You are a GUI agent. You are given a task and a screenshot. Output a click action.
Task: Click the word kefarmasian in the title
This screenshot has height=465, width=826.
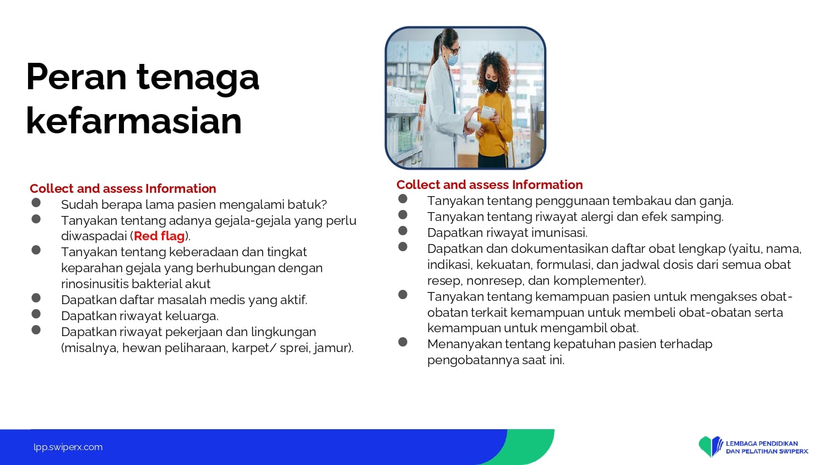[134, 121]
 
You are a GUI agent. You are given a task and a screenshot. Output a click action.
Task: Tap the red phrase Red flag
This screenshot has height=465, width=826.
[159, 236]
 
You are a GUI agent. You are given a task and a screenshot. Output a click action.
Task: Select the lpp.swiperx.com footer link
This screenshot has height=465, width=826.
[68, 447]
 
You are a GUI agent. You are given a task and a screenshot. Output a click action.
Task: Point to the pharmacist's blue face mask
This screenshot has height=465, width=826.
[453, 59]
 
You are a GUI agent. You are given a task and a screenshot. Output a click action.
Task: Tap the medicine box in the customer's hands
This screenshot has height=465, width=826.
[487, 112]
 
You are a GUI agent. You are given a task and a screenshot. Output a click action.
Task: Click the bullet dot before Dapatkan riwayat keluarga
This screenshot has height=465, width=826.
[36, 313]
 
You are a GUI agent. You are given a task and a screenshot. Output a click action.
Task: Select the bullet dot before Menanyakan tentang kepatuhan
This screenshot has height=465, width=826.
[403, 342]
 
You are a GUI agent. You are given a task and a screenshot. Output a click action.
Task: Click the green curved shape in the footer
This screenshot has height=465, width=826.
[528, 447]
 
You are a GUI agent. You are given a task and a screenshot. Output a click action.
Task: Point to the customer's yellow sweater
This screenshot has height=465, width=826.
[494, 126]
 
